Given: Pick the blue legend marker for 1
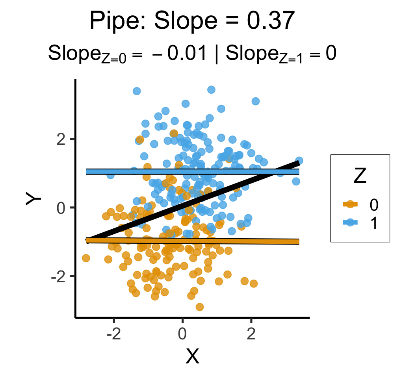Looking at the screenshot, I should click(349, 223).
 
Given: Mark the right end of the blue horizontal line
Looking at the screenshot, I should click(299, 171).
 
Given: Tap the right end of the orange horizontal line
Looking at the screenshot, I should click(299, 242).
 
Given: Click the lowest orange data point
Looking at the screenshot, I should click(200, 307).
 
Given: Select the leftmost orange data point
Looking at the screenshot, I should click(86, 258).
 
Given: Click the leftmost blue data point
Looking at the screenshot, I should click(111, 175).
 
